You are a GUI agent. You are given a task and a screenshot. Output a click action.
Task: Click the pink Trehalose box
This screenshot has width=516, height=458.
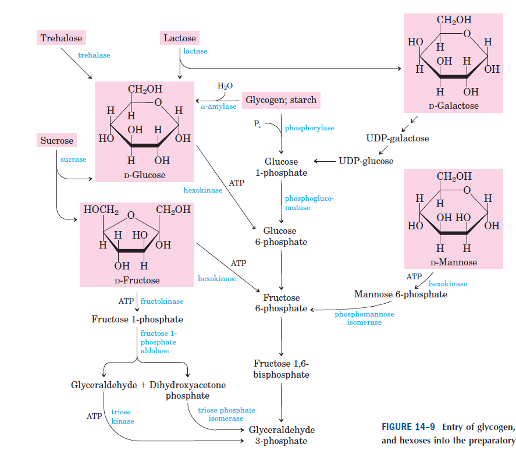pyautogui.click(x=61, y=38)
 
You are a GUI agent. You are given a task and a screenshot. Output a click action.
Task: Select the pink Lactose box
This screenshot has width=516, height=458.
pyautogui.click(x=180, y=38)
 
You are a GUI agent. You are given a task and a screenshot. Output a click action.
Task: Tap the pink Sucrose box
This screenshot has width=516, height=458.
pyautogui.click(x=57, y=141)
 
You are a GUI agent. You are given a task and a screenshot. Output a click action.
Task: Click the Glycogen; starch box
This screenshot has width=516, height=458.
pyautogui.click(x=281, y=100)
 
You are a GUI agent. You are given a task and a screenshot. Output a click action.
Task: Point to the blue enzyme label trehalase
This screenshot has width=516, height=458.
pyautogui.click(x=94, y=55)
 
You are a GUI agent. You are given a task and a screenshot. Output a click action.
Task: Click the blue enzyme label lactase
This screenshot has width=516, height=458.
pyautogui.click(x=195, y=51)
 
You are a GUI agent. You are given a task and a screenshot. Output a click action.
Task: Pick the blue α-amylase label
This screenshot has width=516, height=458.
pyautogui.click(x=219, y=106)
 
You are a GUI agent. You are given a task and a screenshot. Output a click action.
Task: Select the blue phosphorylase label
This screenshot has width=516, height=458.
pyautogui.click(x=309, y=128)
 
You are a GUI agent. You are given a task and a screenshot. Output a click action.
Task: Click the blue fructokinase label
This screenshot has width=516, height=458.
pyautogui.click(x=162, y=301)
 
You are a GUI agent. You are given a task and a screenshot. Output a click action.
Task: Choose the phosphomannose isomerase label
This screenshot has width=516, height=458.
pyautogui.click(x=364, y=318)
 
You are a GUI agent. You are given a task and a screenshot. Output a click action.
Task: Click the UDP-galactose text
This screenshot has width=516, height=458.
pyautogui.click(x=397, y=139)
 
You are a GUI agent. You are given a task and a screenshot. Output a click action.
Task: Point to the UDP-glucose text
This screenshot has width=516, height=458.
pyautogui.click(x=366, y=161)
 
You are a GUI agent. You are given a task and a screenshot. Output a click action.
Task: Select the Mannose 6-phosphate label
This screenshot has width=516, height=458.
pyautogui.click(x=401, y=294)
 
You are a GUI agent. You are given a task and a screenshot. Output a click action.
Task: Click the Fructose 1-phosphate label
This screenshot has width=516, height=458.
pyautogui.click(x=137, y=319)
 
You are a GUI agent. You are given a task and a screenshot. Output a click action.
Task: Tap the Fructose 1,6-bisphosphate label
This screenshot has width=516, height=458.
pyautogui.click(x=281, y=370)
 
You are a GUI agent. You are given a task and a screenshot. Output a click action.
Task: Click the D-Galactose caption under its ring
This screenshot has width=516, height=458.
pyautogui.click(x=453, y=106)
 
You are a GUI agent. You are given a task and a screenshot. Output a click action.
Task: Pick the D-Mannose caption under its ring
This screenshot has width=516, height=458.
pyautogui.click(x=453, y=262)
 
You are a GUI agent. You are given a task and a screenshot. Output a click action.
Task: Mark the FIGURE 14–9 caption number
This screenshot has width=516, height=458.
pyautogui.click(x=404, y=427)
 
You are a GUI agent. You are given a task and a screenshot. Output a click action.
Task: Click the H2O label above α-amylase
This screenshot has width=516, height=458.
pyautogui.click(x=225, y=86)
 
